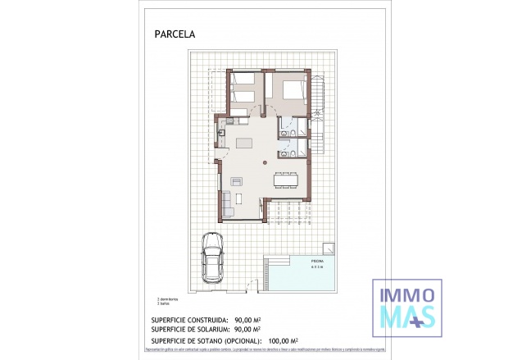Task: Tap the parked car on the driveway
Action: click(x=212, y=260)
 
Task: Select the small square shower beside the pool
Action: click(x=329, y=248)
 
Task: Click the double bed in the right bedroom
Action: click(x=293, y=91)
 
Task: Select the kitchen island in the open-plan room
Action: click(x=246, y=144)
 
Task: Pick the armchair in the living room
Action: click(x=236, y=181)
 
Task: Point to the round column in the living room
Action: click(x=265, y=162)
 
